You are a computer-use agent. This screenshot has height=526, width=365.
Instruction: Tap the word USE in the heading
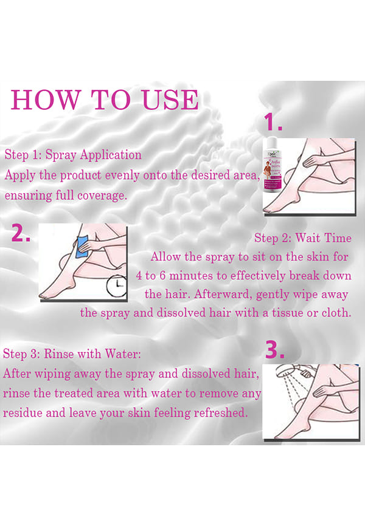point(170,100)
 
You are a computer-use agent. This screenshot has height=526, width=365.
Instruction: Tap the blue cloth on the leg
point(82,247)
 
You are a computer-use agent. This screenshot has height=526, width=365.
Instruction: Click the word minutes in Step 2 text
point(191,276)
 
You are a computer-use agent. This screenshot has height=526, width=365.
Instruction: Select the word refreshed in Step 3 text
point(220,412)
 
